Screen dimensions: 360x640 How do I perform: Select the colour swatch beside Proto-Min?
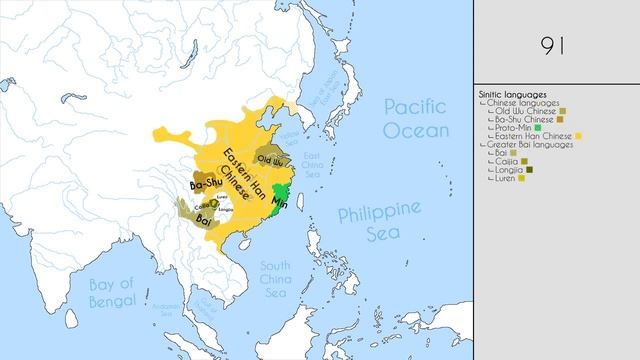pos(538,127)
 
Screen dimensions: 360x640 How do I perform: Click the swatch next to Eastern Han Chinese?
pos(578,136)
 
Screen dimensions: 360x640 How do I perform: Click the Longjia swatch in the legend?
pos(530,170)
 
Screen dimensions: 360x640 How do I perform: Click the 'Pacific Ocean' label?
pos(421,118)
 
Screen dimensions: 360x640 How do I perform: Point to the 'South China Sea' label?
pos(275,280)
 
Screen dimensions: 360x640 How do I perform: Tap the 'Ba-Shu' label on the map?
pos(206,185)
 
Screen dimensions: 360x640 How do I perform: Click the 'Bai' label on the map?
pos(203,217)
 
